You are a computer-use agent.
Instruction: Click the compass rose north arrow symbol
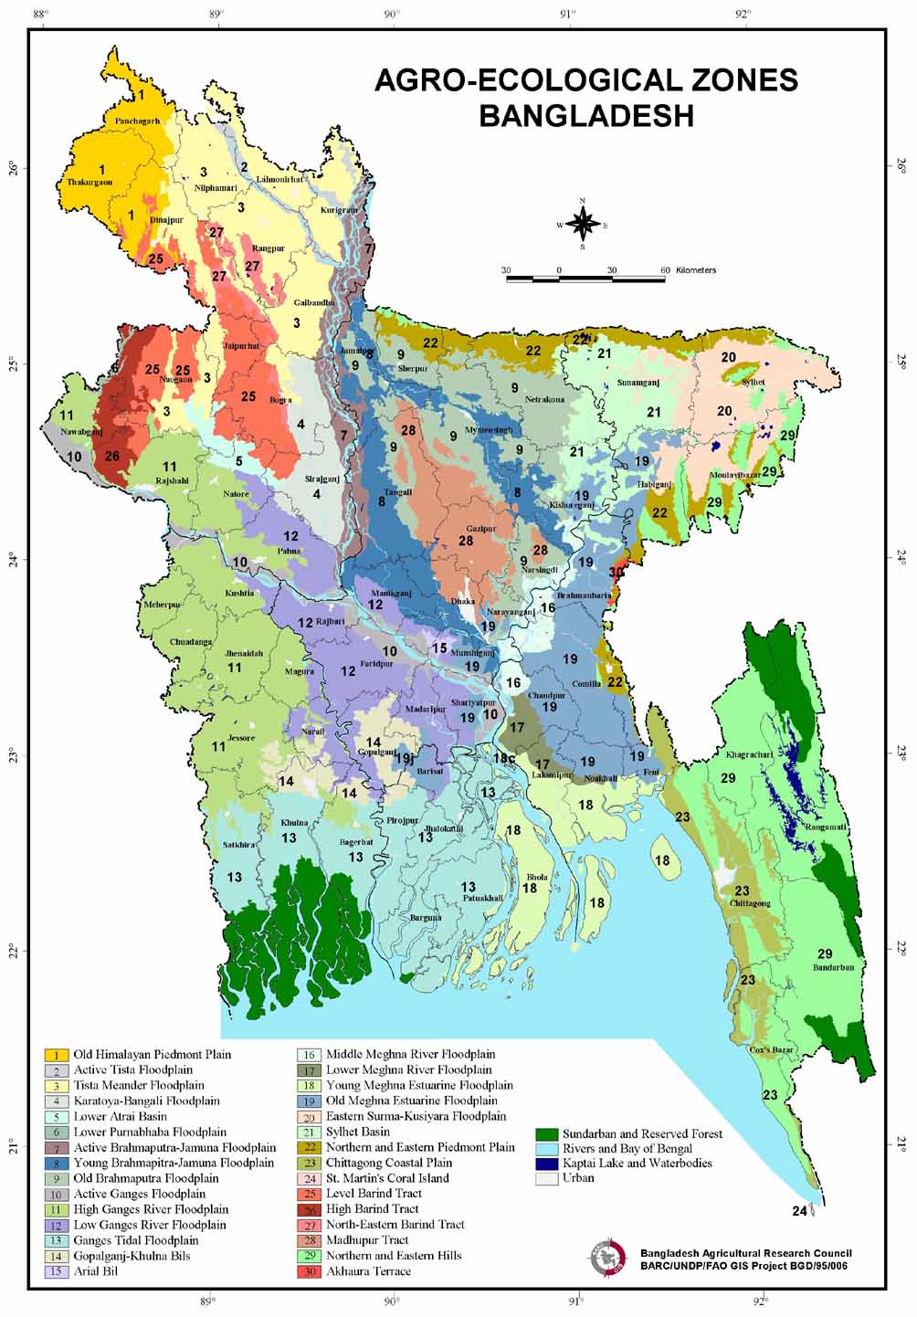(582, 222)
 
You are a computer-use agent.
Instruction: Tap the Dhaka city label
(463, 602)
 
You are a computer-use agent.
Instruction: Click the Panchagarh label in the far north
(137, 121)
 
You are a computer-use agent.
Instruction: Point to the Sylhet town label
(754, 383)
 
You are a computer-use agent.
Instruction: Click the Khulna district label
(294, 823)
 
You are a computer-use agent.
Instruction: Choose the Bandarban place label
(833, 967)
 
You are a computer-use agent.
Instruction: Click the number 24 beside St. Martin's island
(799, 1211)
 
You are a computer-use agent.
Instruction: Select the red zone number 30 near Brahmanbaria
(617, 572)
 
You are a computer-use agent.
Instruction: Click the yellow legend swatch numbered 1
(57, 1055)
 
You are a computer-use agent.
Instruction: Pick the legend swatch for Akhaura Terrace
(310, 1271)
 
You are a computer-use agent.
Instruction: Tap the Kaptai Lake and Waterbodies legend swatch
(546, 1164)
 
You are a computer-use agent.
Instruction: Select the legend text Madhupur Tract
(367, 1240)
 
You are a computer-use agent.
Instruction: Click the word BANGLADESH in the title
(585, 116)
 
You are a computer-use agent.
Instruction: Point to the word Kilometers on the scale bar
(696, 270)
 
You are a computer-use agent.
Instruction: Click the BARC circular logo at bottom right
(606, 1259)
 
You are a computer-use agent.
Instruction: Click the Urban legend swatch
(546, 1178)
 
